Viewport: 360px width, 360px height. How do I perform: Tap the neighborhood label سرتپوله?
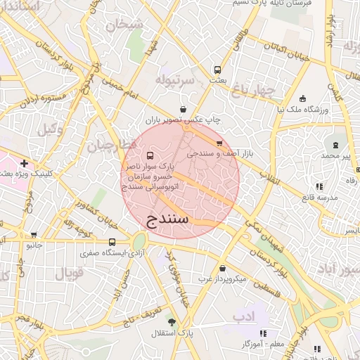[174, 78]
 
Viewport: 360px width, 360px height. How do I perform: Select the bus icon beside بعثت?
[217, 70]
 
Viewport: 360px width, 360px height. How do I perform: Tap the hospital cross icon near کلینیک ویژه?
[24, 163]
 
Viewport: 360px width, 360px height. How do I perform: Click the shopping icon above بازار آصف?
[219, 143]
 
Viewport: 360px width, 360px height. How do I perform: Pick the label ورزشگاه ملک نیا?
[302, 110]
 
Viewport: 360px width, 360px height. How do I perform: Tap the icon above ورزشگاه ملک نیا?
[302, 98]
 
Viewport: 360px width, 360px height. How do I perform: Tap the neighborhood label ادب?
[243, 319]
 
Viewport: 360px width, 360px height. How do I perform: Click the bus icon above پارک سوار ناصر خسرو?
[149, 155]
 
